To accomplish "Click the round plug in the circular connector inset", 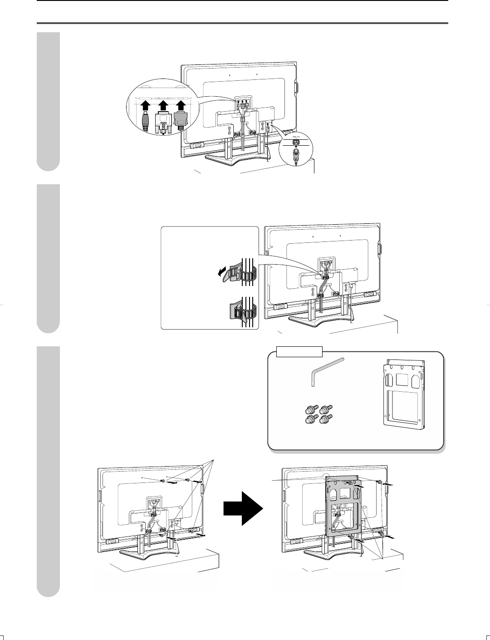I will click(145, 122).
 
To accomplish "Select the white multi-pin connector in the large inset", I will click(162, 124).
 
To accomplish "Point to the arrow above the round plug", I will click(145, 105).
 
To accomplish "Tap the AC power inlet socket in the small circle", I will click(296, 141).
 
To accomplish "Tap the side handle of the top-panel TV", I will click(296, 88).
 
